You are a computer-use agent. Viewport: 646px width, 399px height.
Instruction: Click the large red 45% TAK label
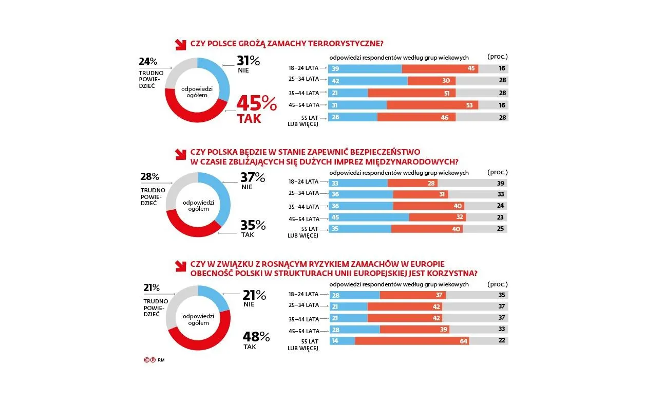pos(256,109)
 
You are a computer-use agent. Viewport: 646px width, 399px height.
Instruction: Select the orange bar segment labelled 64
pos(412,341)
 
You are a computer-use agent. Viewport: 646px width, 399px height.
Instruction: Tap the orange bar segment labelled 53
pos(432,105)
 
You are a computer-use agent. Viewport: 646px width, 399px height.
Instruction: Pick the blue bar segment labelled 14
pos(341,341)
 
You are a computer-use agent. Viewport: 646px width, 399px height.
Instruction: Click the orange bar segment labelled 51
pos(412,93)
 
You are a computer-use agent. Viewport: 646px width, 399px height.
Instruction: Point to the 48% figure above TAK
pos(256,337)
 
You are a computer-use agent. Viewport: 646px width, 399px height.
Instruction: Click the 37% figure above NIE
pos(253,177)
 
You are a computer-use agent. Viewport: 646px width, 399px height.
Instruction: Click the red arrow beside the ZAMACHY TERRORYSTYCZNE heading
pos(181,44)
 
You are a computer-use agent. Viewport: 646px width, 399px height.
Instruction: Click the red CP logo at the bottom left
pos(149,360)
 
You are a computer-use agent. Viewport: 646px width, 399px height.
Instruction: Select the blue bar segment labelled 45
pos(369,217)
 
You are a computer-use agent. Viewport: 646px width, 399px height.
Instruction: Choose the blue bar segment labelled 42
pos(368,81)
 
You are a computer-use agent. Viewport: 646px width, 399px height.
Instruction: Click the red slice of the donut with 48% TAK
pos(198,342)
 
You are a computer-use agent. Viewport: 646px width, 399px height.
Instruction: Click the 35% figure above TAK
pos(253,225)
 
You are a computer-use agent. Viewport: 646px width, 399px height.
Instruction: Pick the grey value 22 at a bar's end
pos(502,341)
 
